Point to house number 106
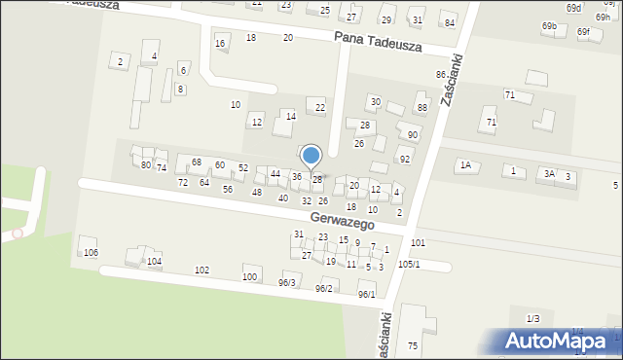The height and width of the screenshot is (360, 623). (x=91, y=252)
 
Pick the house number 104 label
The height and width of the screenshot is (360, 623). (x=154, y=262)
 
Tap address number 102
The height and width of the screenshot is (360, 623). (x=202, y=270)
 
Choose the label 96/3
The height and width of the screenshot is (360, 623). (x=286, y=283)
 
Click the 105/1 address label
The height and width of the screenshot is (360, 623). (x=409, y=265)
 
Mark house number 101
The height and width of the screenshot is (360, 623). (x=418, y=242)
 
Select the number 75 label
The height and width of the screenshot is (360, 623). (x=413, y=346)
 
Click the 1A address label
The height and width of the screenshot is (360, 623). (x=465, y=166)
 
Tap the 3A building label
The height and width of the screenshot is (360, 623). (x=550, y=173)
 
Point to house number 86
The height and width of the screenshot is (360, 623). (x=441, y=75)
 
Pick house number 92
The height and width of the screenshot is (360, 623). (x=405, y=159)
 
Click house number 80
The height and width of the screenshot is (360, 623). (x=146, y=165)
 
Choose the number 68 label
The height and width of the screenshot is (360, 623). (x=197, y=162)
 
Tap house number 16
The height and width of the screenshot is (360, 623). (x=220, y=44)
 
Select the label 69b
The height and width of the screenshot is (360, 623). (x=550, y=26)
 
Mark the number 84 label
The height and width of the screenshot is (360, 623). (x=449, y=22)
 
